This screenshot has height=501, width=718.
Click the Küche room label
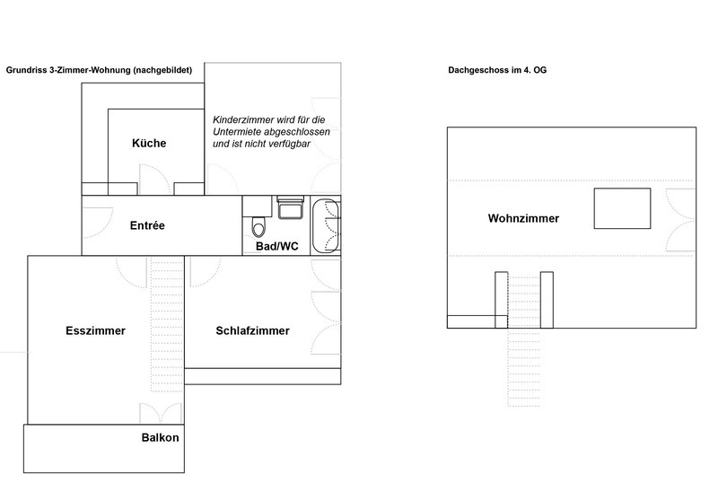pos(149,144)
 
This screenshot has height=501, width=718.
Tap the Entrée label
pos(147,225)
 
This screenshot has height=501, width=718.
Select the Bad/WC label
pos(276,246)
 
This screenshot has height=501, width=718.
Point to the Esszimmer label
pos(95,330)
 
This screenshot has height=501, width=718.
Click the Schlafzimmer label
pos(253,330)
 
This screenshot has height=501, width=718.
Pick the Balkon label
pos(161,438)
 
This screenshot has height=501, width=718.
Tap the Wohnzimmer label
pos(523,218)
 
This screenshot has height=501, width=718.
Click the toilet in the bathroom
pos(258,226)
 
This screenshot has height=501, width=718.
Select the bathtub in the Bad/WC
pos(326,225)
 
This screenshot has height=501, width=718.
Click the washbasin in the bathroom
pos(290,208)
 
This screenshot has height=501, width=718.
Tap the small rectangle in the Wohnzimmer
pos(622,208)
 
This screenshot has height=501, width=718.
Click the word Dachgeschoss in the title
pos(478,70)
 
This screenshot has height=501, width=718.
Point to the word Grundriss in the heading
pos(26,70)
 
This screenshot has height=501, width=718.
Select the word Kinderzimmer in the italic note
pos(241,120)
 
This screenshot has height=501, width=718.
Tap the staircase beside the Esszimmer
pos(167,339)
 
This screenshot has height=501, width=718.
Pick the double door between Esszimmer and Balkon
pos(161,413)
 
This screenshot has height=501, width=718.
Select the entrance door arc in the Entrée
pos(98,223)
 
